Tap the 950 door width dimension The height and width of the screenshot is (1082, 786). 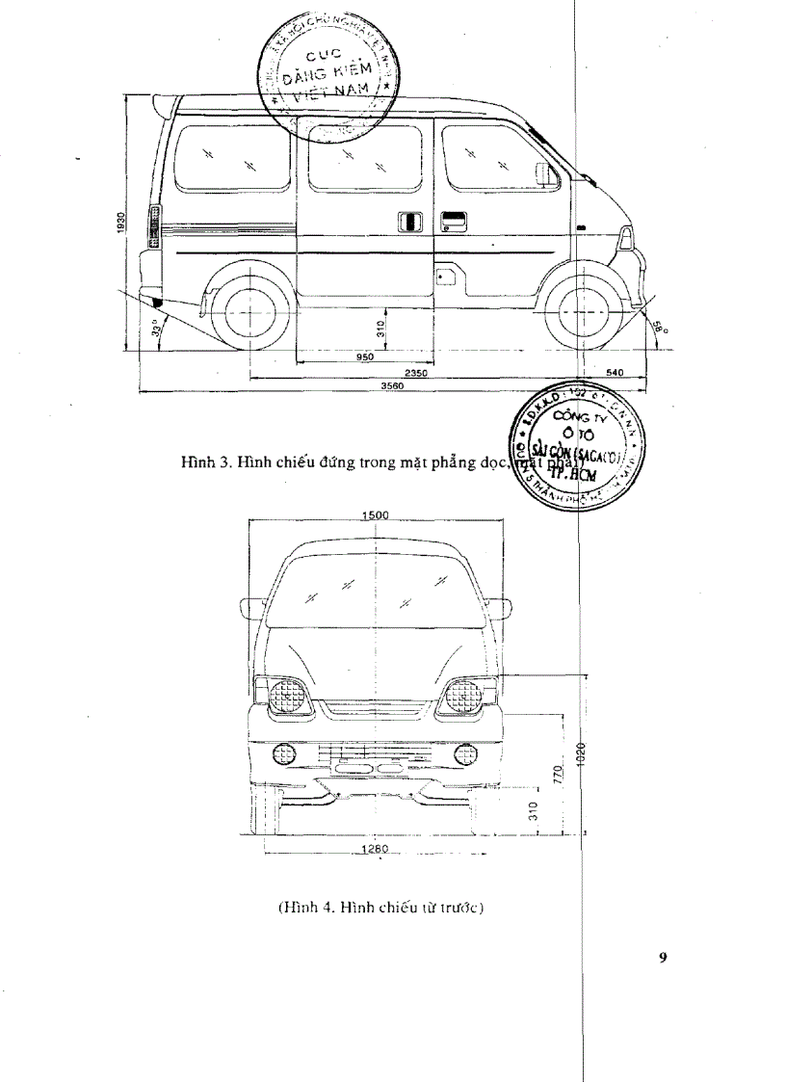pos(364,357)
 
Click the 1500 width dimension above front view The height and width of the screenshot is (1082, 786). pos(375,515)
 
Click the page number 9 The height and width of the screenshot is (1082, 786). pos(663,957)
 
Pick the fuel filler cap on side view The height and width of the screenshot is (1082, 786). pos(445,277)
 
